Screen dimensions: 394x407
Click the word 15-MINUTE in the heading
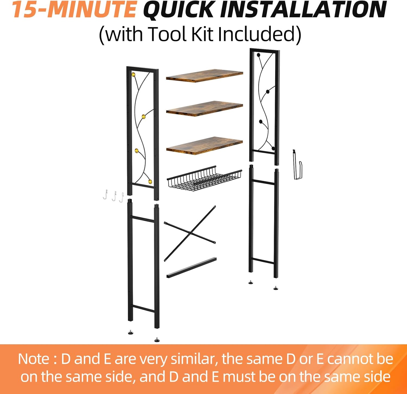[74, 9]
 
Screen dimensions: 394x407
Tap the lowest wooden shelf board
[204, 145]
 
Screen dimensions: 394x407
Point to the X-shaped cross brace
[190, 233]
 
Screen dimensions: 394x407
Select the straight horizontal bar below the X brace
[192, 268]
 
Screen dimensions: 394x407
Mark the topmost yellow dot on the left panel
[133, 74]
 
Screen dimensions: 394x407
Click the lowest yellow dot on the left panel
[150, 181]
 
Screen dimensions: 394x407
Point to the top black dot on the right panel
[258, 55]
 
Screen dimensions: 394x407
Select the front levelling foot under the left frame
[157, 339]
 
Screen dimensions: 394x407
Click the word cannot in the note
[350, 359]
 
